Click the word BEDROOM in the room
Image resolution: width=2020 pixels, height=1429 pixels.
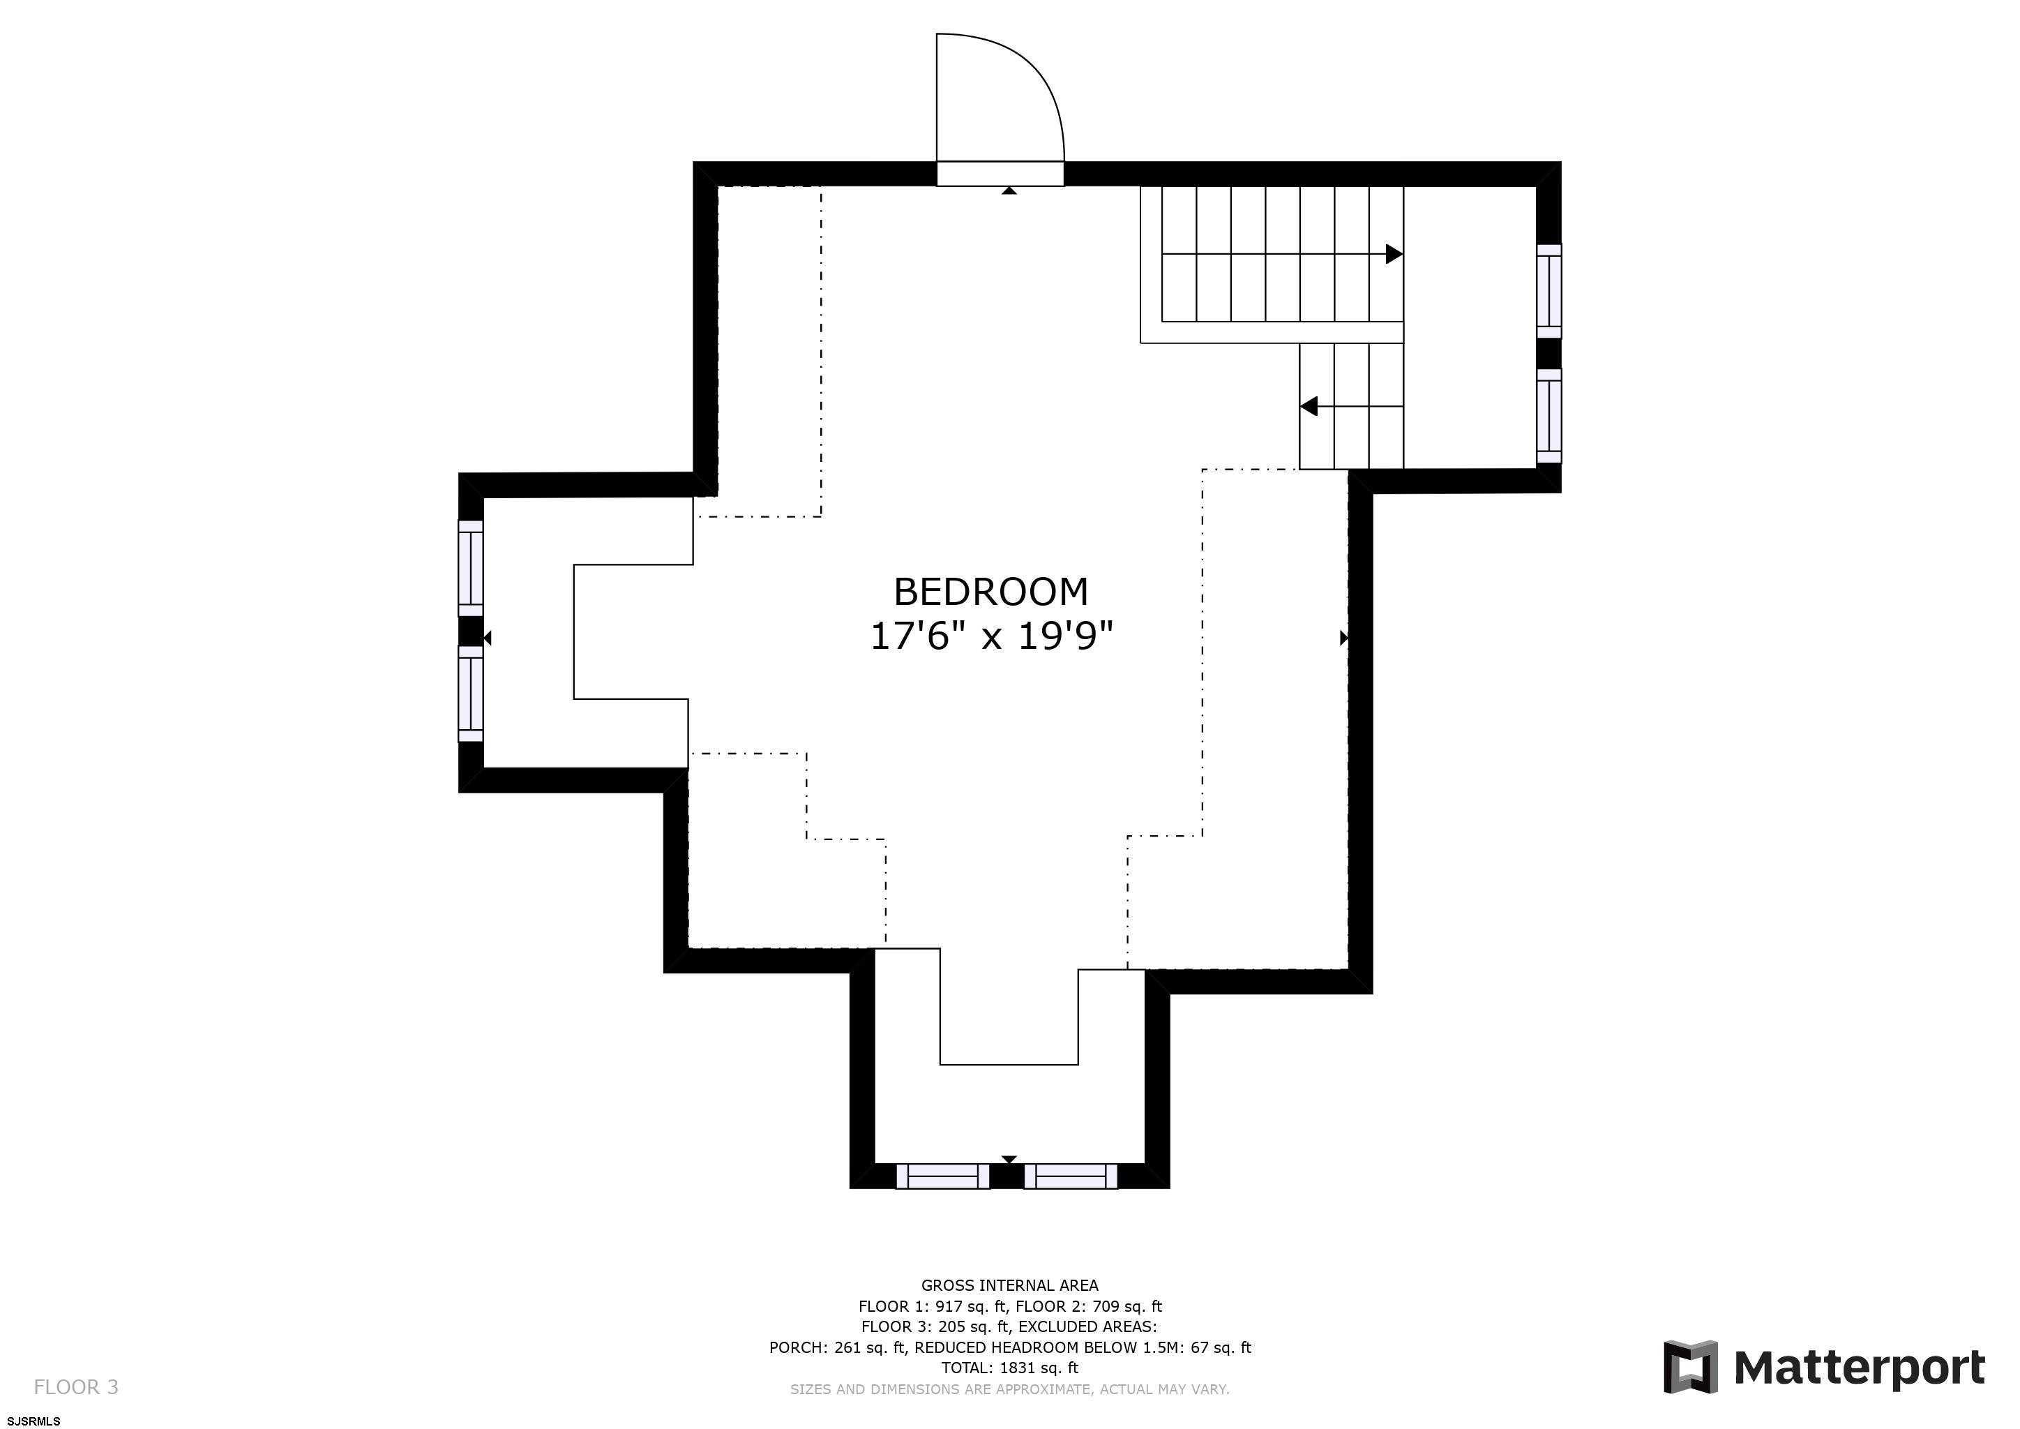pyautogui.click(x=990, y=592)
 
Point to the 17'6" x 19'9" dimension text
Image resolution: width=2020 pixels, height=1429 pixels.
pyautogui.click(x=992, y=636)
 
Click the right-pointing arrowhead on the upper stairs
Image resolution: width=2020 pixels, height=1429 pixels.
pyautogui.click(x=1394, y=254)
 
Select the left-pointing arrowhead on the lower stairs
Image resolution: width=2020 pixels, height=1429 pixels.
pyautogui.click(x=1309, y=407)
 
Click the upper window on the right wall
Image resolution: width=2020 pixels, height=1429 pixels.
pyautogui.click(x=1549, y=290)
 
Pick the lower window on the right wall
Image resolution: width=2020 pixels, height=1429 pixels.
pyautogui.click(x=1549, y=416)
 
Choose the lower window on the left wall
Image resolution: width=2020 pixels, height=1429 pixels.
pyautogui.click(x=471, y=694)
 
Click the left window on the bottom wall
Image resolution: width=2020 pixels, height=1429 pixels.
pyautogui.click(x=943, y=1176)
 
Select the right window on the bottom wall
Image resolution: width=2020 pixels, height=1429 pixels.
pyautogui.click(x=1071, y=1176)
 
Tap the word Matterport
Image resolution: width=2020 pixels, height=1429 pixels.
pyautogui.click(x=1859, y=1369)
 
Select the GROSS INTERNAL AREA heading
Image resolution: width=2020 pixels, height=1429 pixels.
pyautogui.click(x=1010, y=1285)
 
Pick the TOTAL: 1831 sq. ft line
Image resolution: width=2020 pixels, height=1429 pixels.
pyautogui.click(x=1010, y=1368)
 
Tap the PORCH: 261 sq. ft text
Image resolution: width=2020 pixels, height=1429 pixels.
pyautogui.click(x=838, y=1348)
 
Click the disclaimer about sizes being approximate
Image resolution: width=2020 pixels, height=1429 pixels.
pyautogui.click(x=1010, y=1389)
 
